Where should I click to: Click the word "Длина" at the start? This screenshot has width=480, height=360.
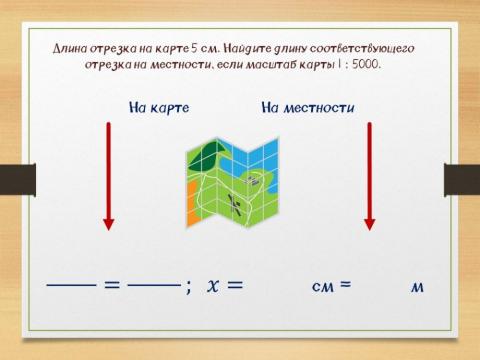pyautogui.click(x=70, y=48)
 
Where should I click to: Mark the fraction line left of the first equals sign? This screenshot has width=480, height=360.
pyautogui.click(x=71, y=285)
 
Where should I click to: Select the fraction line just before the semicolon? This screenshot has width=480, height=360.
pyautogui.click(x=154, y=285)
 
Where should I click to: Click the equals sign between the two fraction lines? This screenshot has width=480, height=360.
pyautogui.click(x=112, y=285)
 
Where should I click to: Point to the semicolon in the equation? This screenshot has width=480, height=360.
pyautogui.click(x=188, y=287)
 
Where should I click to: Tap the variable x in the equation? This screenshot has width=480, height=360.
pyautogui.click(x=213, y=285)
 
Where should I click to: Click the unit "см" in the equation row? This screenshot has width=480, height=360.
pyautogui.click(x=322, y=286)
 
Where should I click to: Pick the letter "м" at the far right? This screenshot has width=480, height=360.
pyautogui.click(x=417, y=287)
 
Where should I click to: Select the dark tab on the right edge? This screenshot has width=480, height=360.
pyautogui.click(x=462, y=176)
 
